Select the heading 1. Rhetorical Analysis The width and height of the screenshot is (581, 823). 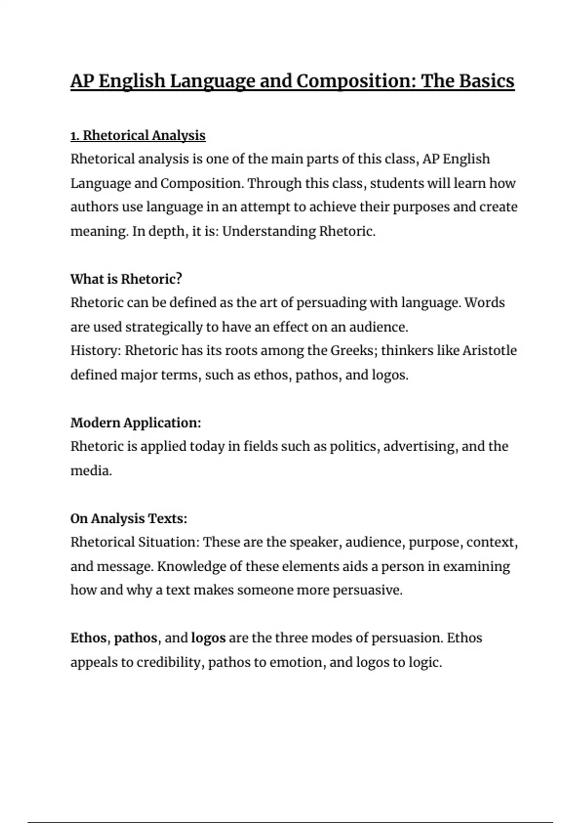(138, 136)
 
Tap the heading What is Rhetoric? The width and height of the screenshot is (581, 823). (126, 279)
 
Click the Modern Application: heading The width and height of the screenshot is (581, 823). (136, 423)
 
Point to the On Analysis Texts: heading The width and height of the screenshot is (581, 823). (129, 518)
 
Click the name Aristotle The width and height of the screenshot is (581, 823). (489, 351)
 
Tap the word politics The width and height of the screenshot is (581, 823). (353, 446)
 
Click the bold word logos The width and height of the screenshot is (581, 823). (208, 638)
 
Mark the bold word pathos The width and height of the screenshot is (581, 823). (136, 638)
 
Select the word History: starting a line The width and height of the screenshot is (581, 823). (95, 351)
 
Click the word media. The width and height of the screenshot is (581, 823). (91, 471)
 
